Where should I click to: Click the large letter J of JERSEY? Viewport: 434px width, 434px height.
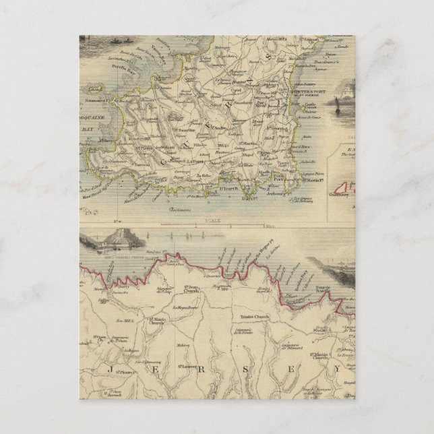(109, 370)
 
